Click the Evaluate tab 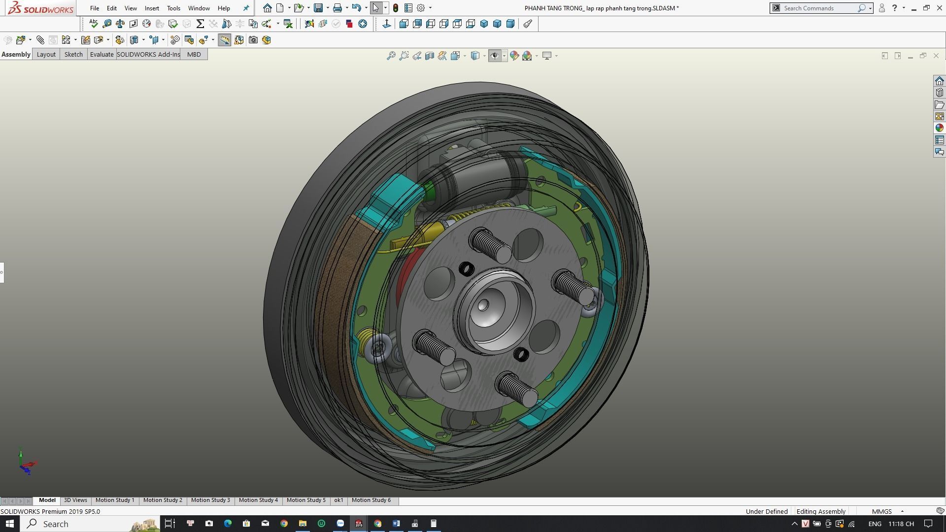101,54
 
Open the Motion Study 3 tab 210,500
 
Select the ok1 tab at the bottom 338,500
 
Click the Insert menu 152,8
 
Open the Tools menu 173,8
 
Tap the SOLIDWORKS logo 40,8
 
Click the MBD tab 194,54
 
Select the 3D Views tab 75,500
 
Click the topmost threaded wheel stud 491,245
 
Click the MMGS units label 881,511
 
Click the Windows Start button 9,524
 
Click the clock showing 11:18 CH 901,524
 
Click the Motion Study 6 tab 371,500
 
